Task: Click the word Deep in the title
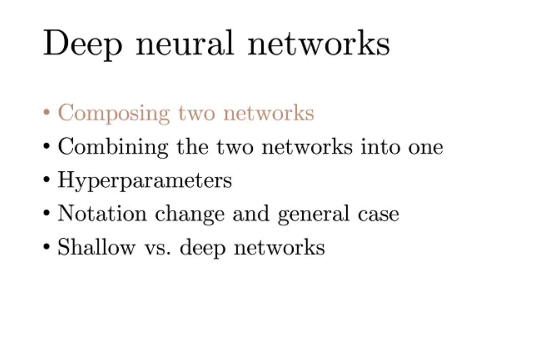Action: (82, 44)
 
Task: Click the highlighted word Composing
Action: (114, 113)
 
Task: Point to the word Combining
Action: (113, 148)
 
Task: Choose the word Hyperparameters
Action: (145, 181)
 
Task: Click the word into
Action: (380, 147)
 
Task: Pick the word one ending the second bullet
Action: (425, 148)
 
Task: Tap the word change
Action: (190, 214)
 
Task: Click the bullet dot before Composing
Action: (47, 113)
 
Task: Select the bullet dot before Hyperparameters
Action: (47, 180)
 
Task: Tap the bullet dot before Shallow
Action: (47, 247)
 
